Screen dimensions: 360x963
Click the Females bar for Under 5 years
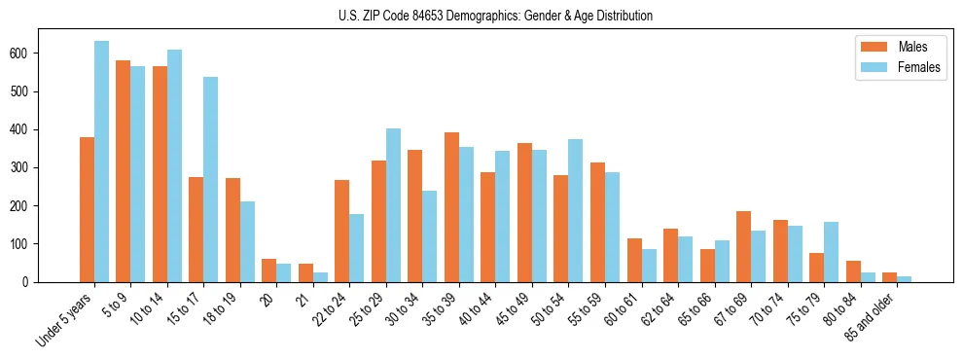point(101,162)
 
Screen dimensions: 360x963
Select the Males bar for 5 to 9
point(124,171)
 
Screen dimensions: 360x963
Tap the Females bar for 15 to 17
point(211,179)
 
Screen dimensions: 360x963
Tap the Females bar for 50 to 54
point(576,210)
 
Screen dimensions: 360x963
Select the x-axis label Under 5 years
point(65,320)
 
